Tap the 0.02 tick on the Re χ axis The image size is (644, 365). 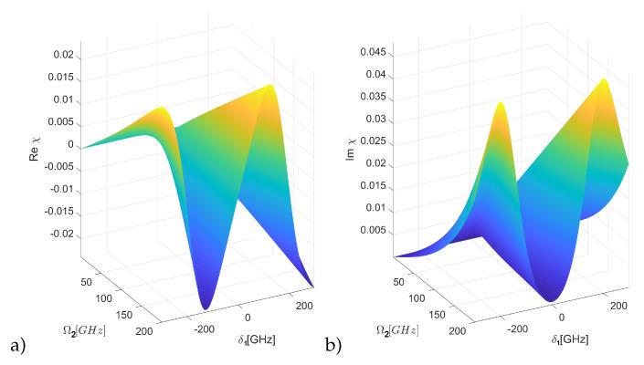(62, 56)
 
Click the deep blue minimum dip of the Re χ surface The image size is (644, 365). (207, 304)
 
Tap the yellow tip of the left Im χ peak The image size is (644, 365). (500, 105)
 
